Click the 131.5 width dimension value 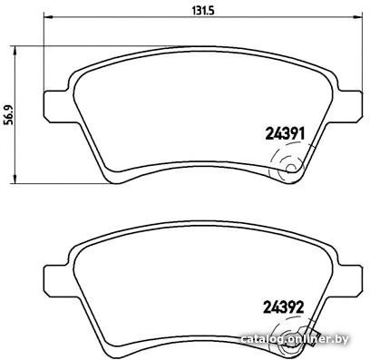(x=203, y=10)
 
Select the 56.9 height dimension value (x=8, y=115)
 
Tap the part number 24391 (x=285, y=133)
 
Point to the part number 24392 (x=284, y=307)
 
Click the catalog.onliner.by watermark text (x=295, y=339)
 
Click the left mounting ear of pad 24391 (x=57, y=106)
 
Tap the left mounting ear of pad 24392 (x=57, y=281)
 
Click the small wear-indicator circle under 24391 (x=291, y=168)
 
